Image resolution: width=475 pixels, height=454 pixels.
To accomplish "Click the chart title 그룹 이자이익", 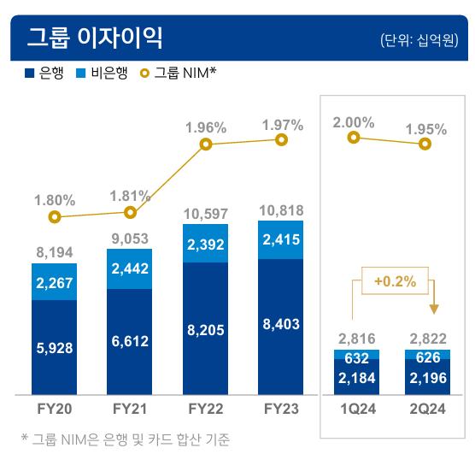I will [x=94, y=38].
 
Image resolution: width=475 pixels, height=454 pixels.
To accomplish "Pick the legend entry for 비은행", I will [x=102, y=74].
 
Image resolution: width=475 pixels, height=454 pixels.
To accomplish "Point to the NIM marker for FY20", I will [x=56, y=217].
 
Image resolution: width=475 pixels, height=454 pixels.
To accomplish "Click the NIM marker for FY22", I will [x=205, y=144].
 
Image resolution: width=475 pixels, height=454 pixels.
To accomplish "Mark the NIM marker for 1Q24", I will [x=353, y=138].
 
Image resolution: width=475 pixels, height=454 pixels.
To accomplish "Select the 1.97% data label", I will [x=282, y=125].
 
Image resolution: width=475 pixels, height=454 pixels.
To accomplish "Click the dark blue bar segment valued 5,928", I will [x=56, y=348].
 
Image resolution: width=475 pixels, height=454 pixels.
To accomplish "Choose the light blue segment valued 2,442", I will [x=130, y=268].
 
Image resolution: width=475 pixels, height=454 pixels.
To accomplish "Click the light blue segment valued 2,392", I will [x=205, y=244].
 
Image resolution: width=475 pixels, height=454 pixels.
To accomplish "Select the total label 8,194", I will [x=56, y=253].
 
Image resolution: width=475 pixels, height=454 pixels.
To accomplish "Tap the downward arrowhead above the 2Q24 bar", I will [x=433, y=308].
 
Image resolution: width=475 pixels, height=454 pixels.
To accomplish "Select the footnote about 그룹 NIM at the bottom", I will [x=128, y=439].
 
